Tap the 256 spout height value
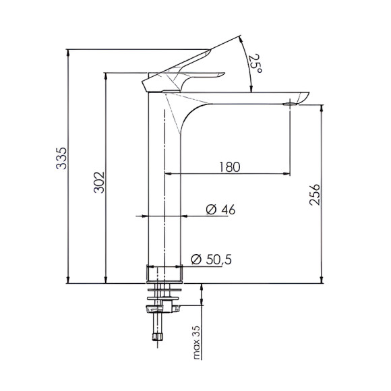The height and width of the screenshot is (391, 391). (x=314, y=193)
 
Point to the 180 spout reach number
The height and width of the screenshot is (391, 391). (x=230, y=167)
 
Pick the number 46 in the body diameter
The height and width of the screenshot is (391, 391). (x=227, y=210)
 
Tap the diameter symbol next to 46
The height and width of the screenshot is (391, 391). (x=209, y=210)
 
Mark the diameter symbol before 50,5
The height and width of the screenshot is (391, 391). (x=197, y=258)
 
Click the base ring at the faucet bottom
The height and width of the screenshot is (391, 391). (x=164, y=273)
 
